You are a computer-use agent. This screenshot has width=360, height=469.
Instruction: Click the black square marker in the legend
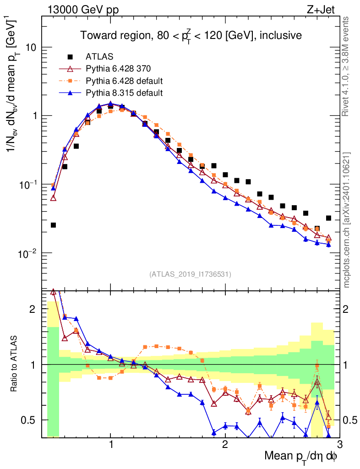click(70, 57)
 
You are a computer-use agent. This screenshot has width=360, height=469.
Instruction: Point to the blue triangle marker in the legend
click(70, 93)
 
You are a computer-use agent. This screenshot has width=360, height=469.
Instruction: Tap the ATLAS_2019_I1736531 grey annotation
click(190, 274)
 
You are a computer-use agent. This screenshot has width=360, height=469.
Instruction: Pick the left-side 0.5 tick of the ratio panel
click(32, 420)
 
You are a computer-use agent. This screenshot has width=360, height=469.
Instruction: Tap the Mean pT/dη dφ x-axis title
click(301, 457)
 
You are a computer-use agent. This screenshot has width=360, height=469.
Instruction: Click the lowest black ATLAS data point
click(53, 225)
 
